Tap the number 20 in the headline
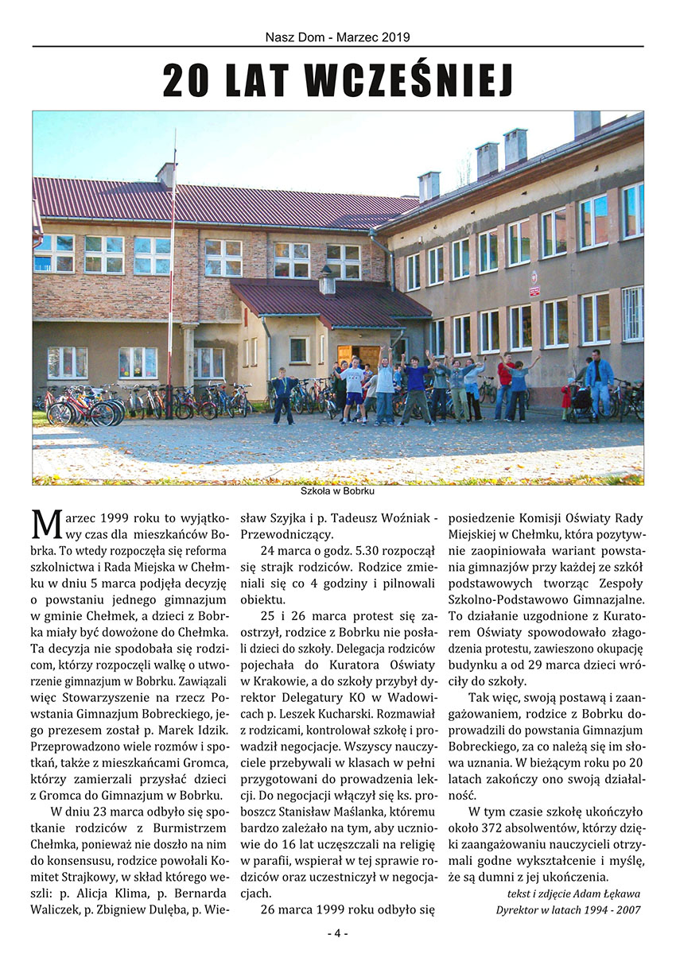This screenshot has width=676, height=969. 185,80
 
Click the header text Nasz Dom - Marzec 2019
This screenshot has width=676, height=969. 338,37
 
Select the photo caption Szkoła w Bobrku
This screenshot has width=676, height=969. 338,490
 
